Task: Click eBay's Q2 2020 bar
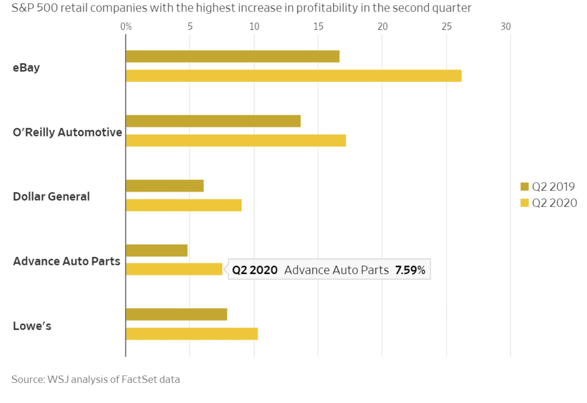pos(293,76)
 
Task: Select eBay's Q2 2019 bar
pos(233,56)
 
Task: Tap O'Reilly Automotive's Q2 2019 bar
pos(213,121)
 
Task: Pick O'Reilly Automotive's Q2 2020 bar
pos(236,140)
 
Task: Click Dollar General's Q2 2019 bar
pos(165,186)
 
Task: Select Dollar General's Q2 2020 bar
pos(183,205)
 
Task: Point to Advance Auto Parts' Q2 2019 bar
pos(156,251)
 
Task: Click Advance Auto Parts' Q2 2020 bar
pos(174,269)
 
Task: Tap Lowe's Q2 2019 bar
pos(177,315)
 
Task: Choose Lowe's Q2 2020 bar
pos(191,334)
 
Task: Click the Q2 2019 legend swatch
pos(524,186)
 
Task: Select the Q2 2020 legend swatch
pos(524,202)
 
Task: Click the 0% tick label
pos(126,26)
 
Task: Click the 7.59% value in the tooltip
pos(410,271)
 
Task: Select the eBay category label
pos(26,67)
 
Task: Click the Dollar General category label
pos(52,197)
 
